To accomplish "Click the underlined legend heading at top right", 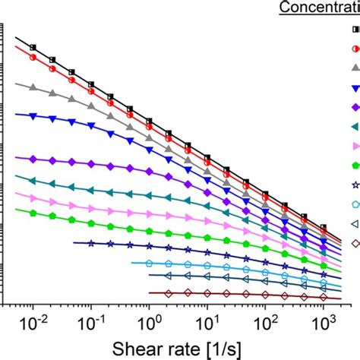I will click(x=318, y=8).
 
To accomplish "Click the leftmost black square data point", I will click(x=33, y=48).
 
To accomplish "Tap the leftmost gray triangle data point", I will click(x=33, y=88).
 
